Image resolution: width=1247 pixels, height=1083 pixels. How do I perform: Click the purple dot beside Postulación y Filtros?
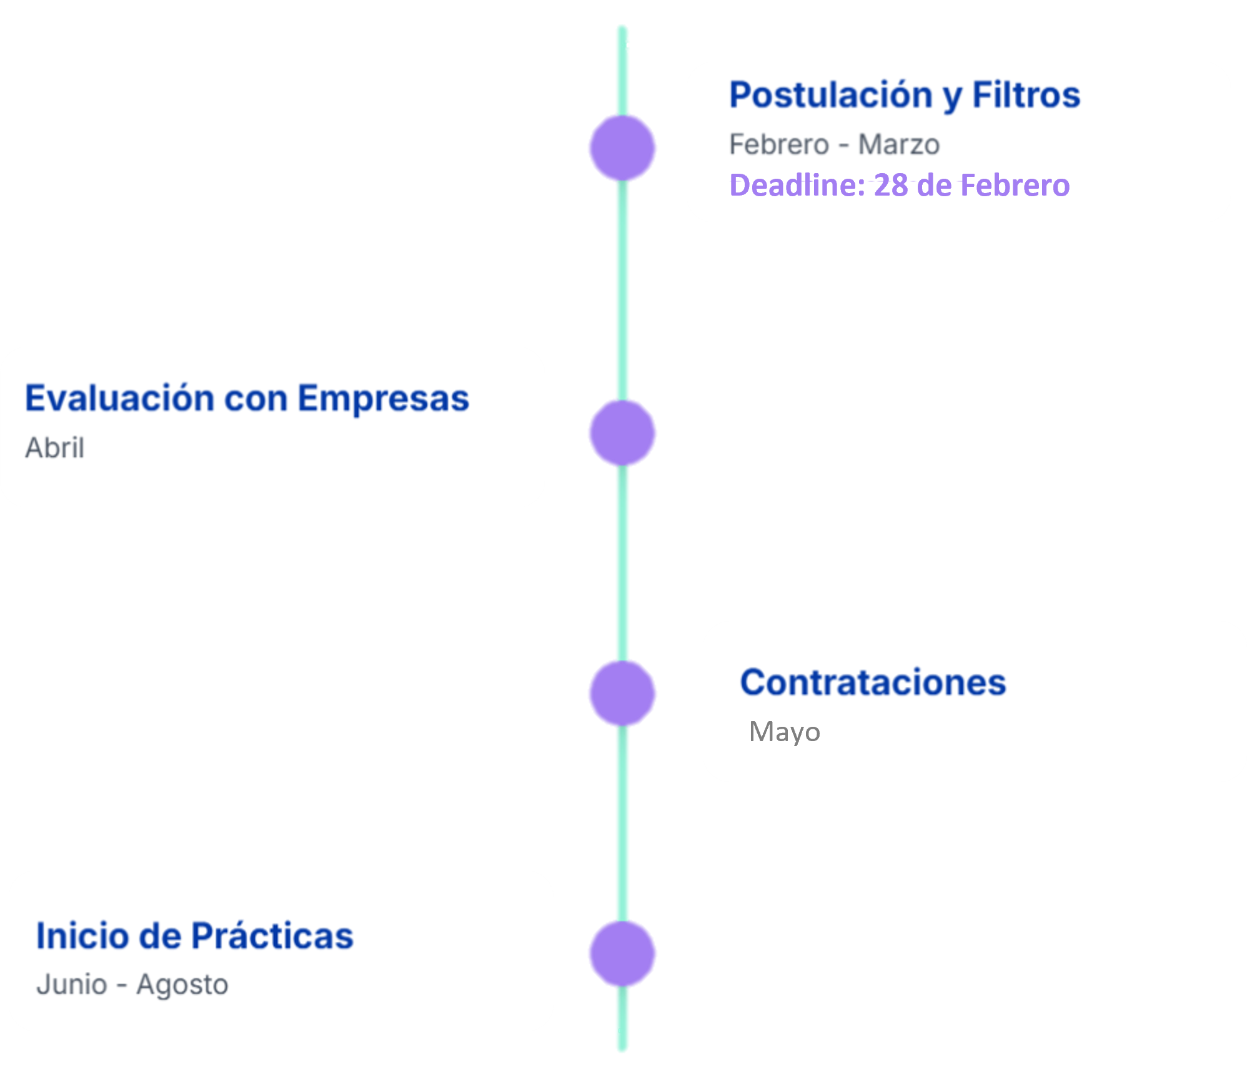(x=622, y=148)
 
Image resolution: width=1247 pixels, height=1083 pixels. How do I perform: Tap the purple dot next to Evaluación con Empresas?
(x=622, y=433)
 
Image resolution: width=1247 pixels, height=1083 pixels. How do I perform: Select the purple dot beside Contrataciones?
(x=622, y=693)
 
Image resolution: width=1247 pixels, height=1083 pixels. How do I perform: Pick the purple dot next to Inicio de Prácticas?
(x=622, y=954)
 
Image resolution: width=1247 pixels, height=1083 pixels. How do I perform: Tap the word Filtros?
(x=1026, y=95)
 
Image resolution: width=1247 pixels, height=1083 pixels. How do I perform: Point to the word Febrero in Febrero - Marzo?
(x=779, y=144)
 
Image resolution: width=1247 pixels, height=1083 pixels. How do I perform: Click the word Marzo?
(x=898, y=144)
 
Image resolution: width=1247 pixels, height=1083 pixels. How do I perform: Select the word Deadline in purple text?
(x=797, y=185)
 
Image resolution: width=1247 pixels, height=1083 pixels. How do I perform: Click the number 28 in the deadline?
(x=891, y=185)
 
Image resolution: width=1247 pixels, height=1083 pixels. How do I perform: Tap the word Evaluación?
(x=119, y=398)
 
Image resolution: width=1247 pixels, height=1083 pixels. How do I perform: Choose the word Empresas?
(x=383, y=398)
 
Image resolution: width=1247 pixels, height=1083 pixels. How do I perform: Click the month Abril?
(x=55, y=447)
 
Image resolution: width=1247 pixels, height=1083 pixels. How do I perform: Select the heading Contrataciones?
(x=873, y=682)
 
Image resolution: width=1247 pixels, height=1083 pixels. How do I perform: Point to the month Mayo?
(x=785, y=731)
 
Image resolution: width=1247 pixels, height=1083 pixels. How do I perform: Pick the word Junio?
(x=72, y=984)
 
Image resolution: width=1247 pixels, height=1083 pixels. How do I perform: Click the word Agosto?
(x=182, y=984)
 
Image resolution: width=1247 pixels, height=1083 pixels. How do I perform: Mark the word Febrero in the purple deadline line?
(x=1015, y=185)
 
